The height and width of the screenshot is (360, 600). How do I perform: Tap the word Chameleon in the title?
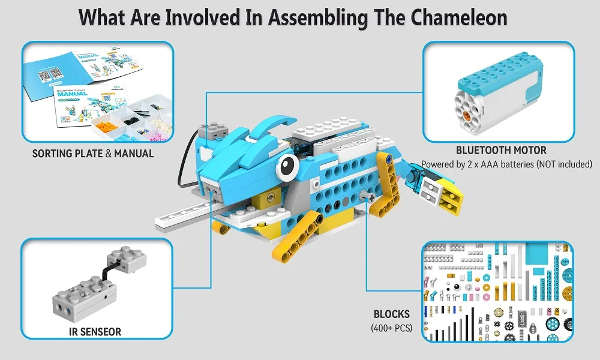(460, 17)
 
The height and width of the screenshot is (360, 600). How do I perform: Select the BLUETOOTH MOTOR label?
(501, 150)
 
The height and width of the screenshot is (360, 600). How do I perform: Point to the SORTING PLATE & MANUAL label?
(93, 154)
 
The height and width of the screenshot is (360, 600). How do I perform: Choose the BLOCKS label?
(391, 314)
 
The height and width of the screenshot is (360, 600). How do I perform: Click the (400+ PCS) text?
(391, 327)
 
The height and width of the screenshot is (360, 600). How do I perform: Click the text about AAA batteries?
(507, 164)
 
